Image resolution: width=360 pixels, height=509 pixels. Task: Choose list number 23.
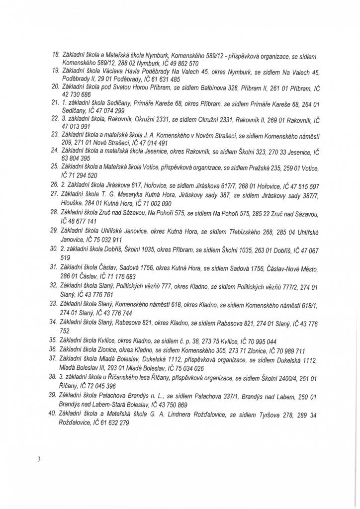point(56,135)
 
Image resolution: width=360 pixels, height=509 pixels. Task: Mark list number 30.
point(56,246)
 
